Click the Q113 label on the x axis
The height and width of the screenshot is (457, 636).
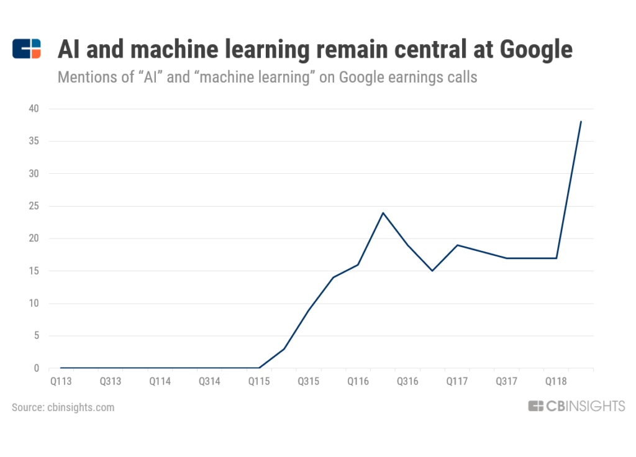pyautogui.click(x=61, y=381)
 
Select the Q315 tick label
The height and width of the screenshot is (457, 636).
pyautogui.click(x=308, y=381)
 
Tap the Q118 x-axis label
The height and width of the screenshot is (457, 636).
pyautogui.click(x=556, y=381)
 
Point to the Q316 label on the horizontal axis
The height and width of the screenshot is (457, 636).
pyautogui.click(x=407, y=381)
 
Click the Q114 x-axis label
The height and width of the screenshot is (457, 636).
pyautogui.click(x=160, y=381)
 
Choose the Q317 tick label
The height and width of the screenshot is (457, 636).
pyautogui.click(x=506, y=381)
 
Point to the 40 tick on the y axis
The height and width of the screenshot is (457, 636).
pyautogui.click(x=33, y=109)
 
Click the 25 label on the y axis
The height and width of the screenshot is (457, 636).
pyautogui.click(x=33, y=206)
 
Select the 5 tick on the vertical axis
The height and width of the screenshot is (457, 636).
pyautogui.click(x=35, y=336)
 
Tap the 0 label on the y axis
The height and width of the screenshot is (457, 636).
pyautogui.click(x=35, y=368)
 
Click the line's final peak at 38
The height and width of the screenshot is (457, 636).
pyautogui.click(x=581, y=122)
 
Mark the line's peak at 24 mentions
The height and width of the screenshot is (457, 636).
pyautogui.click(x=383, y=213)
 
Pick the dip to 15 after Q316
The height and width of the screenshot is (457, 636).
pyautogui.click(x=432, y=271)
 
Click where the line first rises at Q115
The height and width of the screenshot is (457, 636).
pyautogui.click(x=259, y=368)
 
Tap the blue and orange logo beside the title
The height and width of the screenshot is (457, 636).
pyautogui.click(x=27, y=48)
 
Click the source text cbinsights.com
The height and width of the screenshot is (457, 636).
pyautogui.click(x=79, y=407)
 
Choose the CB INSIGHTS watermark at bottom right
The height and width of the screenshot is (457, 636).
pyautogui.click(x=576, y=406)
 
